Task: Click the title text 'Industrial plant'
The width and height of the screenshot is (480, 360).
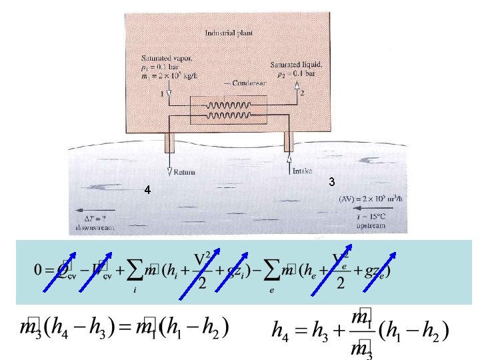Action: (x=228, y=32)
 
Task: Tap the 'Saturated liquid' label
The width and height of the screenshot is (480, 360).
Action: (x=297, y=65)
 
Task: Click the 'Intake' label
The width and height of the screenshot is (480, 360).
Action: (x=302, y=171)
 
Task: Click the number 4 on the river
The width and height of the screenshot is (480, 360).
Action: (x=148, y=190)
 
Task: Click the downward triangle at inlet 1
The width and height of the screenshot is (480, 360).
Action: (x=169, y=95)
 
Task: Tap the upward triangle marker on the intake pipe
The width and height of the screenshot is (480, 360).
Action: (x=289, y=160)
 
